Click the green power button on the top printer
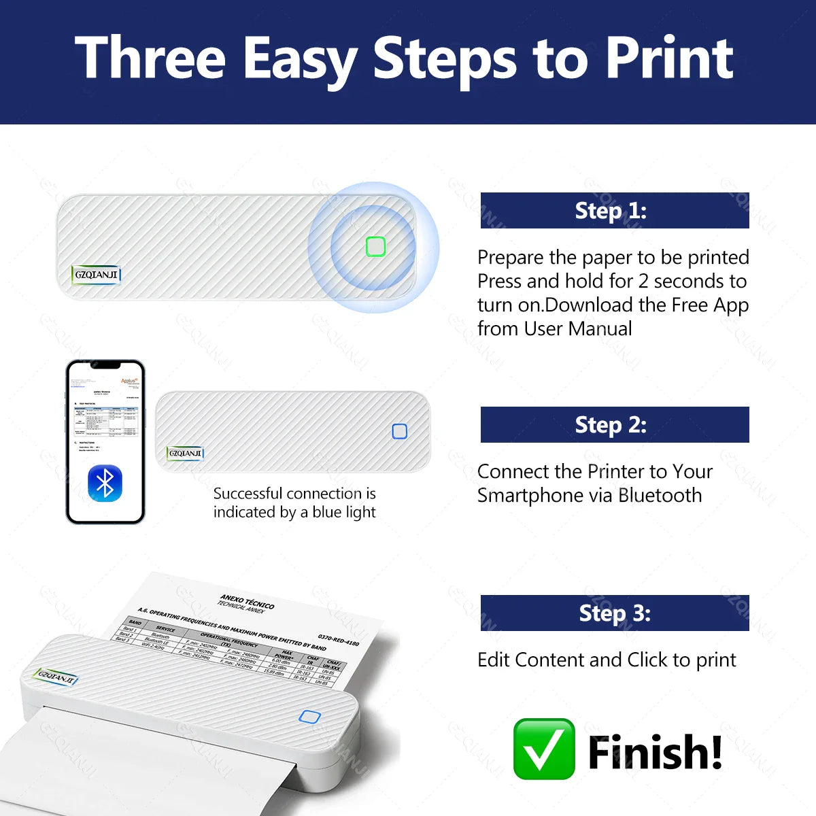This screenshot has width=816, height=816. pos(375,246)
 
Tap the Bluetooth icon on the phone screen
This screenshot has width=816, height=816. pos(105,483)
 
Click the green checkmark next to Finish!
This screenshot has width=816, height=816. pos(544,749)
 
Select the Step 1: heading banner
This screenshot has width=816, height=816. pos(614,211)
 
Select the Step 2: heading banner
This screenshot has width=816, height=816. pos(614,425)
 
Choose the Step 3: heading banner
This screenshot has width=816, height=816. pos(614,613)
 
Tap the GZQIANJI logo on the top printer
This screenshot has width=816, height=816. pos(96,275)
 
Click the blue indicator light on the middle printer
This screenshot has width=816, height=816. pos(400,431)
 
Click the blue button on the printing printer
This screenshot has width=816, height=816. pos(309,717)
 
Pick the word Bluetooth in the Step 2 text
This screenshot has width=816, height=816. pos(660,496)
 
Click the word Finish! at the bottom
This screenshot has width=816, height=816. pos(654,752)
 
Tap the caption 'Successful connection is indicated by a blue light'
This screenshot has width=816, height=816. pos(294,503)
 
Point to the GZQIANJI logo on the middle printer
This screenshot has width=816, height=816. pos(185,453)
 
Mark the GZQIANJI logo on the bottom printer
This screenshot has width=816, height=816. pos(56,677)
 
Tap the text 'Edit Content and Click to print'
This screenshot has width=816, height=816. pos(607,660)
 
